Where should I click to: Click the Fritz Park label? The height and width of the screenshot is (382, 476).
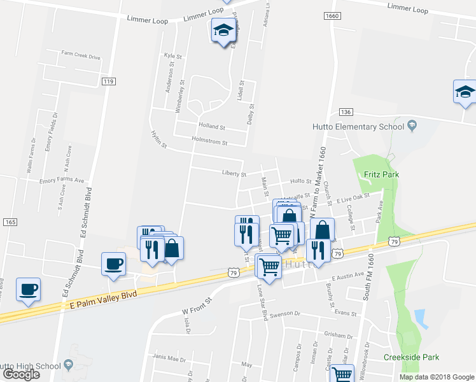[377, 174]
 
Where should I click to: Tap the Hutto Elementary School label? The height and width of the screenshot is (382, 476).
[358, 126]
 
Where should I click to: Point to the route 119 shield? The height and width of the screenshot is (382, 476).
[108, 81]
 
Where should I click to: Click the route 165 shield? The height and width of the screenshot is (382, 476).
[10, 222]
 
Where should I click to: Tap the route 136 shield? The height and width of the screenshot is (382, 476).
[346, 111]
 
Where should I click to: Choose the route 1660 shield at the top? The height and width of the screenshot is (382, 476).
[330, 16]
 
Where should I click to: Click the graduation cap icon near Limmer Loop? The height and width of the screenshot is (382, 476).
[223, 31]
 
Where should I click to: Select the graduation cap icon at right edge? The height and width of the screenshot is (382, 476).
[465, 93]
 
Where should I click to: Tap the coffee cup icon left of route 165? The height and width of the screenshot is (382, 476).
[29, 290]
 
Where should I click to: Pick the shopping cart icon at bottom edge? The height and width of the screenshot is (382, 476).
[342, 375]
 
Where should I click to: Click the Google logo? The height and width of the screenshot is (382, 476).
[21, 374]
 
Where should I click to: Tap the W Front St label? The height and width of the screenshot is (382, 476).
[195, 311]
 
